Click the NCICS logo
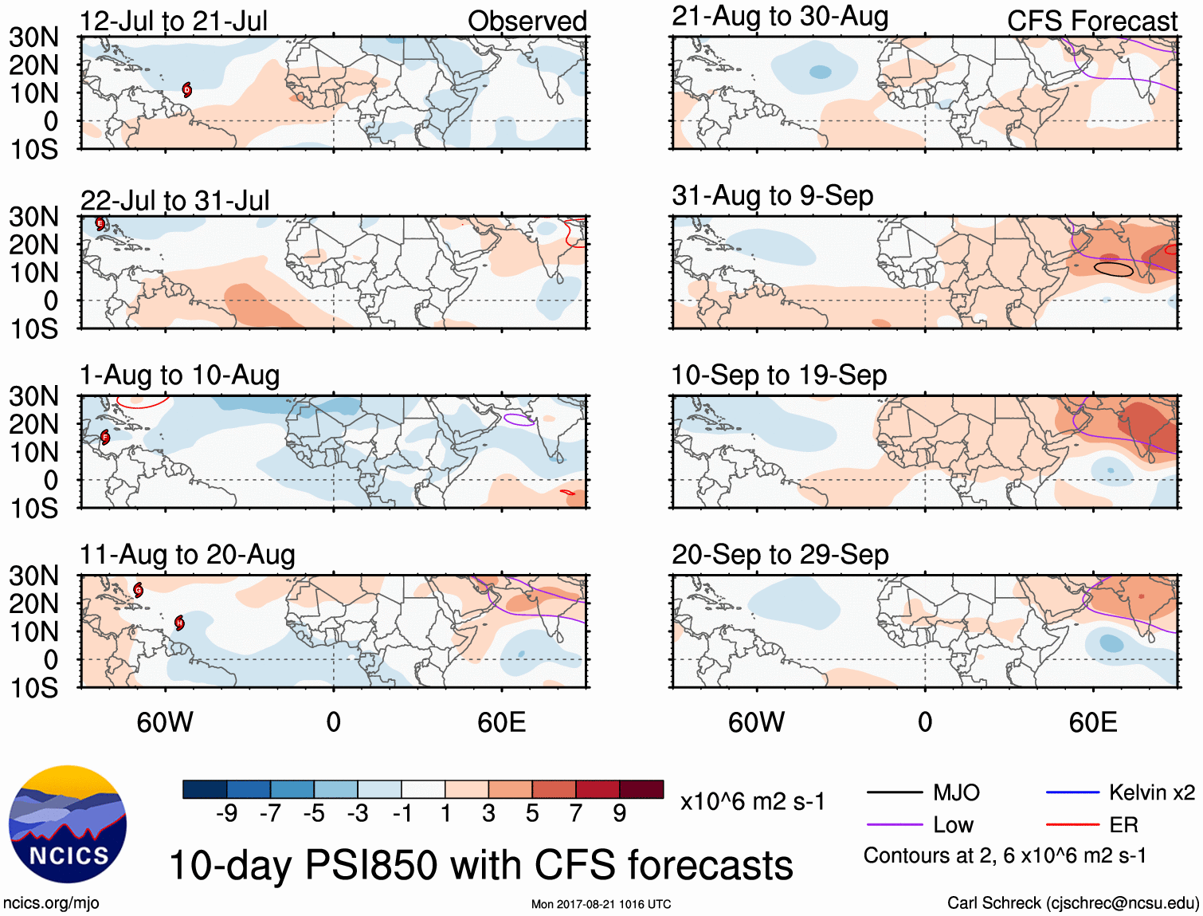68,824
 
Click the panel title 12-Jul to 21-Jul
174,21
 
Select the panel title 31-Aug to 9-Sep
772,195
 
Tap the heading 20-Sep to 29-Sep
779,554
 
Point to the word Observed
527,21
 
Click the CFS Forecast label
1091,21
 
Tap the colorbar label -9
226,813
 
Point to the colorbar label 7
576,813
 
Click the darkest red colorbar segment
641,789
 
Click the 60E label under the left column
501,722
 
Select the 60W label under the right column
756,722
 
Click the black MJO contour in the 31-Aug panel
1113,269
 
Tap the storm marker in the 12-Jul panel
186,90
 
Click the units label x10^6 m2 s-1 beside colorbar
752,801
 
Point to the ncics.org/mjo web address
51,902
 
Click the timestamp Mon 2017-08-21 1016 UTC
601,904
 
